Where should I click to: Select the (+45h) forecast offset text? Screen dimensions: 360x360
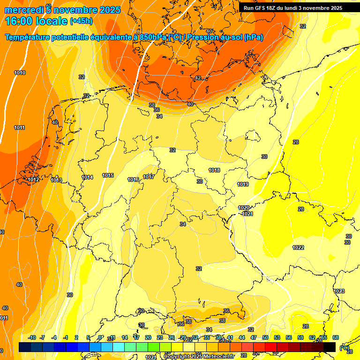click(81, 21)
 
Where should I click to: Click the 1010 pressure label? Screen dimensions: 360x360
click(20, 73)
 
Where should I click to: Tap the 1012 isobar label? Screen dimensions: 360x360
click(33, 180)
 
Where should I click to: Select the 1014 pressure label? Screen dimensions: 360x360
click(87, 177)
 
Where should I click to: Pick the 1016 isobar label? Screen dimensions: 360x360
click(133, 180)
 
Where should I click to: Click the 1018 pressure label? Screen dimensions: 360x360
click(215, 170)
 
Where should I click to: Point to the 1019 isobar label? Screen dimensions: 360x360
click(243, 184)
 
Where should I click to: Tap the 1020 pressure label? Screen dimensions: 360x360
click(244, 208)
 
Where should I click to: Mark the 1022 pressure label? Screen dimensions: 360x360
click(298, 247)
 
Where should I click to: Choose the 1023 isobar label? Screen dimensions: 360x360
click(339, 291)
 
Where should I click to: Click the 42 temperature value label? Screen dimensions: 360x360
click(198, 78)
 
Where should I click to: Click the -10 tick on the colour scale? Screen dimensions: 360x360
click(32, 337)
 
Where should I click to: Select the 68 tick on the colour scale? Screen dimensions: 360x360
click(336, 337)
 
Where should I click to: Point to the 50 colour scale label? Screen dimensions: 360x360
click(265, 337)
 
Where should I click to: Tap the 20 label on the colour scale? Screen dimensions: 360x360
click(148, 337)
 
